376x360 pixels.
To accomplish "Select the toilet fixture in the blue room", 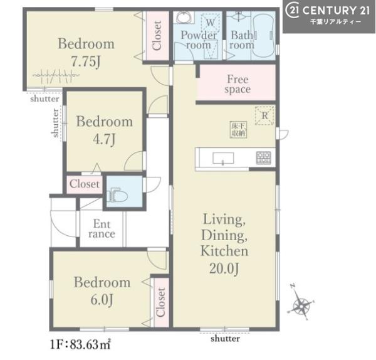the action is point(118,196).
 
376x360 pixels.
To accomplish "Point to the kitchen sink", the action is point(223,158).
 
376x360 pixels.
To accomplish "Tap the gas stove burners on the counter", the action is point(263,157).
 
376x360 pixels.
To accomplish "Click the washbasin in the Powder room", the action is point(184,18).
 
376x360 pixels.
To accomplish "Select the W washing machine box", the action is point(210,23).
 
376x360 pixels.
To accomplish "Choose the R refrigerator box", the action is point(264,115).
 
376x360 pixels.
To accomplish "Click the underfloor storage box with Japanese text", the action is point(238,130).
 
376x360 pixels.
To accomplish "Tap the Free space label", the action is point(238,84).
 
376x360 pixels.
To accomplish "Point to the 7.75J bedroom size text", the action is point(86,62).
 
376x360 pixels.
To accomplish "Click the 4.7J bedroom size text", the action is point(104,139).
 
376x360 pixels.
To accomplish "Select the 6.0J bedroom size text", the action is point(102,300).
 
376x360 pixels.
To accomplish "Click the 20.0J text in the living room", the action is point(224,268).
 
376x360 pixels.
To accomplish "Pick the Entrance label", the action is point(102,229).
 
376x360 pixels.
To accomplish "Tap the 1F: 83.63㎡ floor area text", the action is point(80,345).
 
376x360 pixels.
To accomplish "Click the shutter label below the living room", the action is point(225,339).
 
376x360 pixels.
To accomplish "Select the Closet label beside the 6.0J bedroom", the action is point(160,302).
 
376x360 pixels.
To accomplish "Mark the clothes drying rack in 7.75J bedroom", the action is point(56,76).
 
